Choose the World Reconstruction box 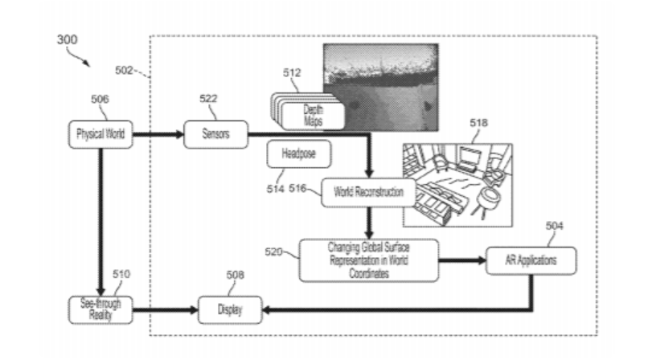point(369,193)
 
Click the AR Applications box point(532,260)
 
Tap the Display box point(230,308)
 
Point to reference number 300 point(68,38)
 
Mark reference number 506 point(100,100)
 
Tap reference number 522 point(211,99)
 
